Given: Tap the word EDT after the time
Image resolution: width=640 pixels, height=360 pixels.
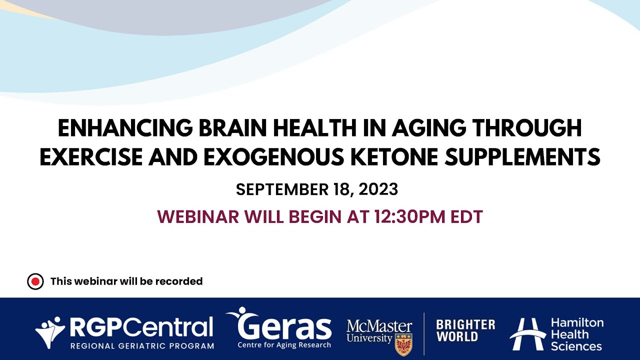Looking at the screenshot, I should pos(466,217).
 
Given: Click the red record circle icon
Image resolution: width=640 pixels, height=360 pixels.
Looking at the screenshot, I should pos(35,281).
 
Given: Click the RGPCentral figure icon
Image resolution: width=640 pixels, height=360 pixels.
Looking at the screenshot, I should pos(50,331).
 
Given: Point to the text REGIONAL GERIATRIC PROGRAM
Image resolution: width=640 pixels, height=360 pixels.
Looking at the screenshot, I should pos(142,345).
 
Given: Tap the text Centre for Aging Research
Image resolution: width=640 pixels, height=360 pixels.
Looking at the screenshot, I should pos(284,345).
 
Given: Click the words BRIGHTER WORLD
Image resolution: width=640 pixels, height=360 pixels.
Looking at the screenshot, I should pos(465,330).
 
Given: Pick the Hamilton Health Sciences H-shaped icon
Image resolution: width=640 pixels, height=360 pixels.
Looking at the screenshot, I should pos(527,333).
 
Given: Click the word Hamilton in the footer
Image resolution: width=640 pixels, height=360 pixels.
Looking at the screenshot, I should pos(577,322).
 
